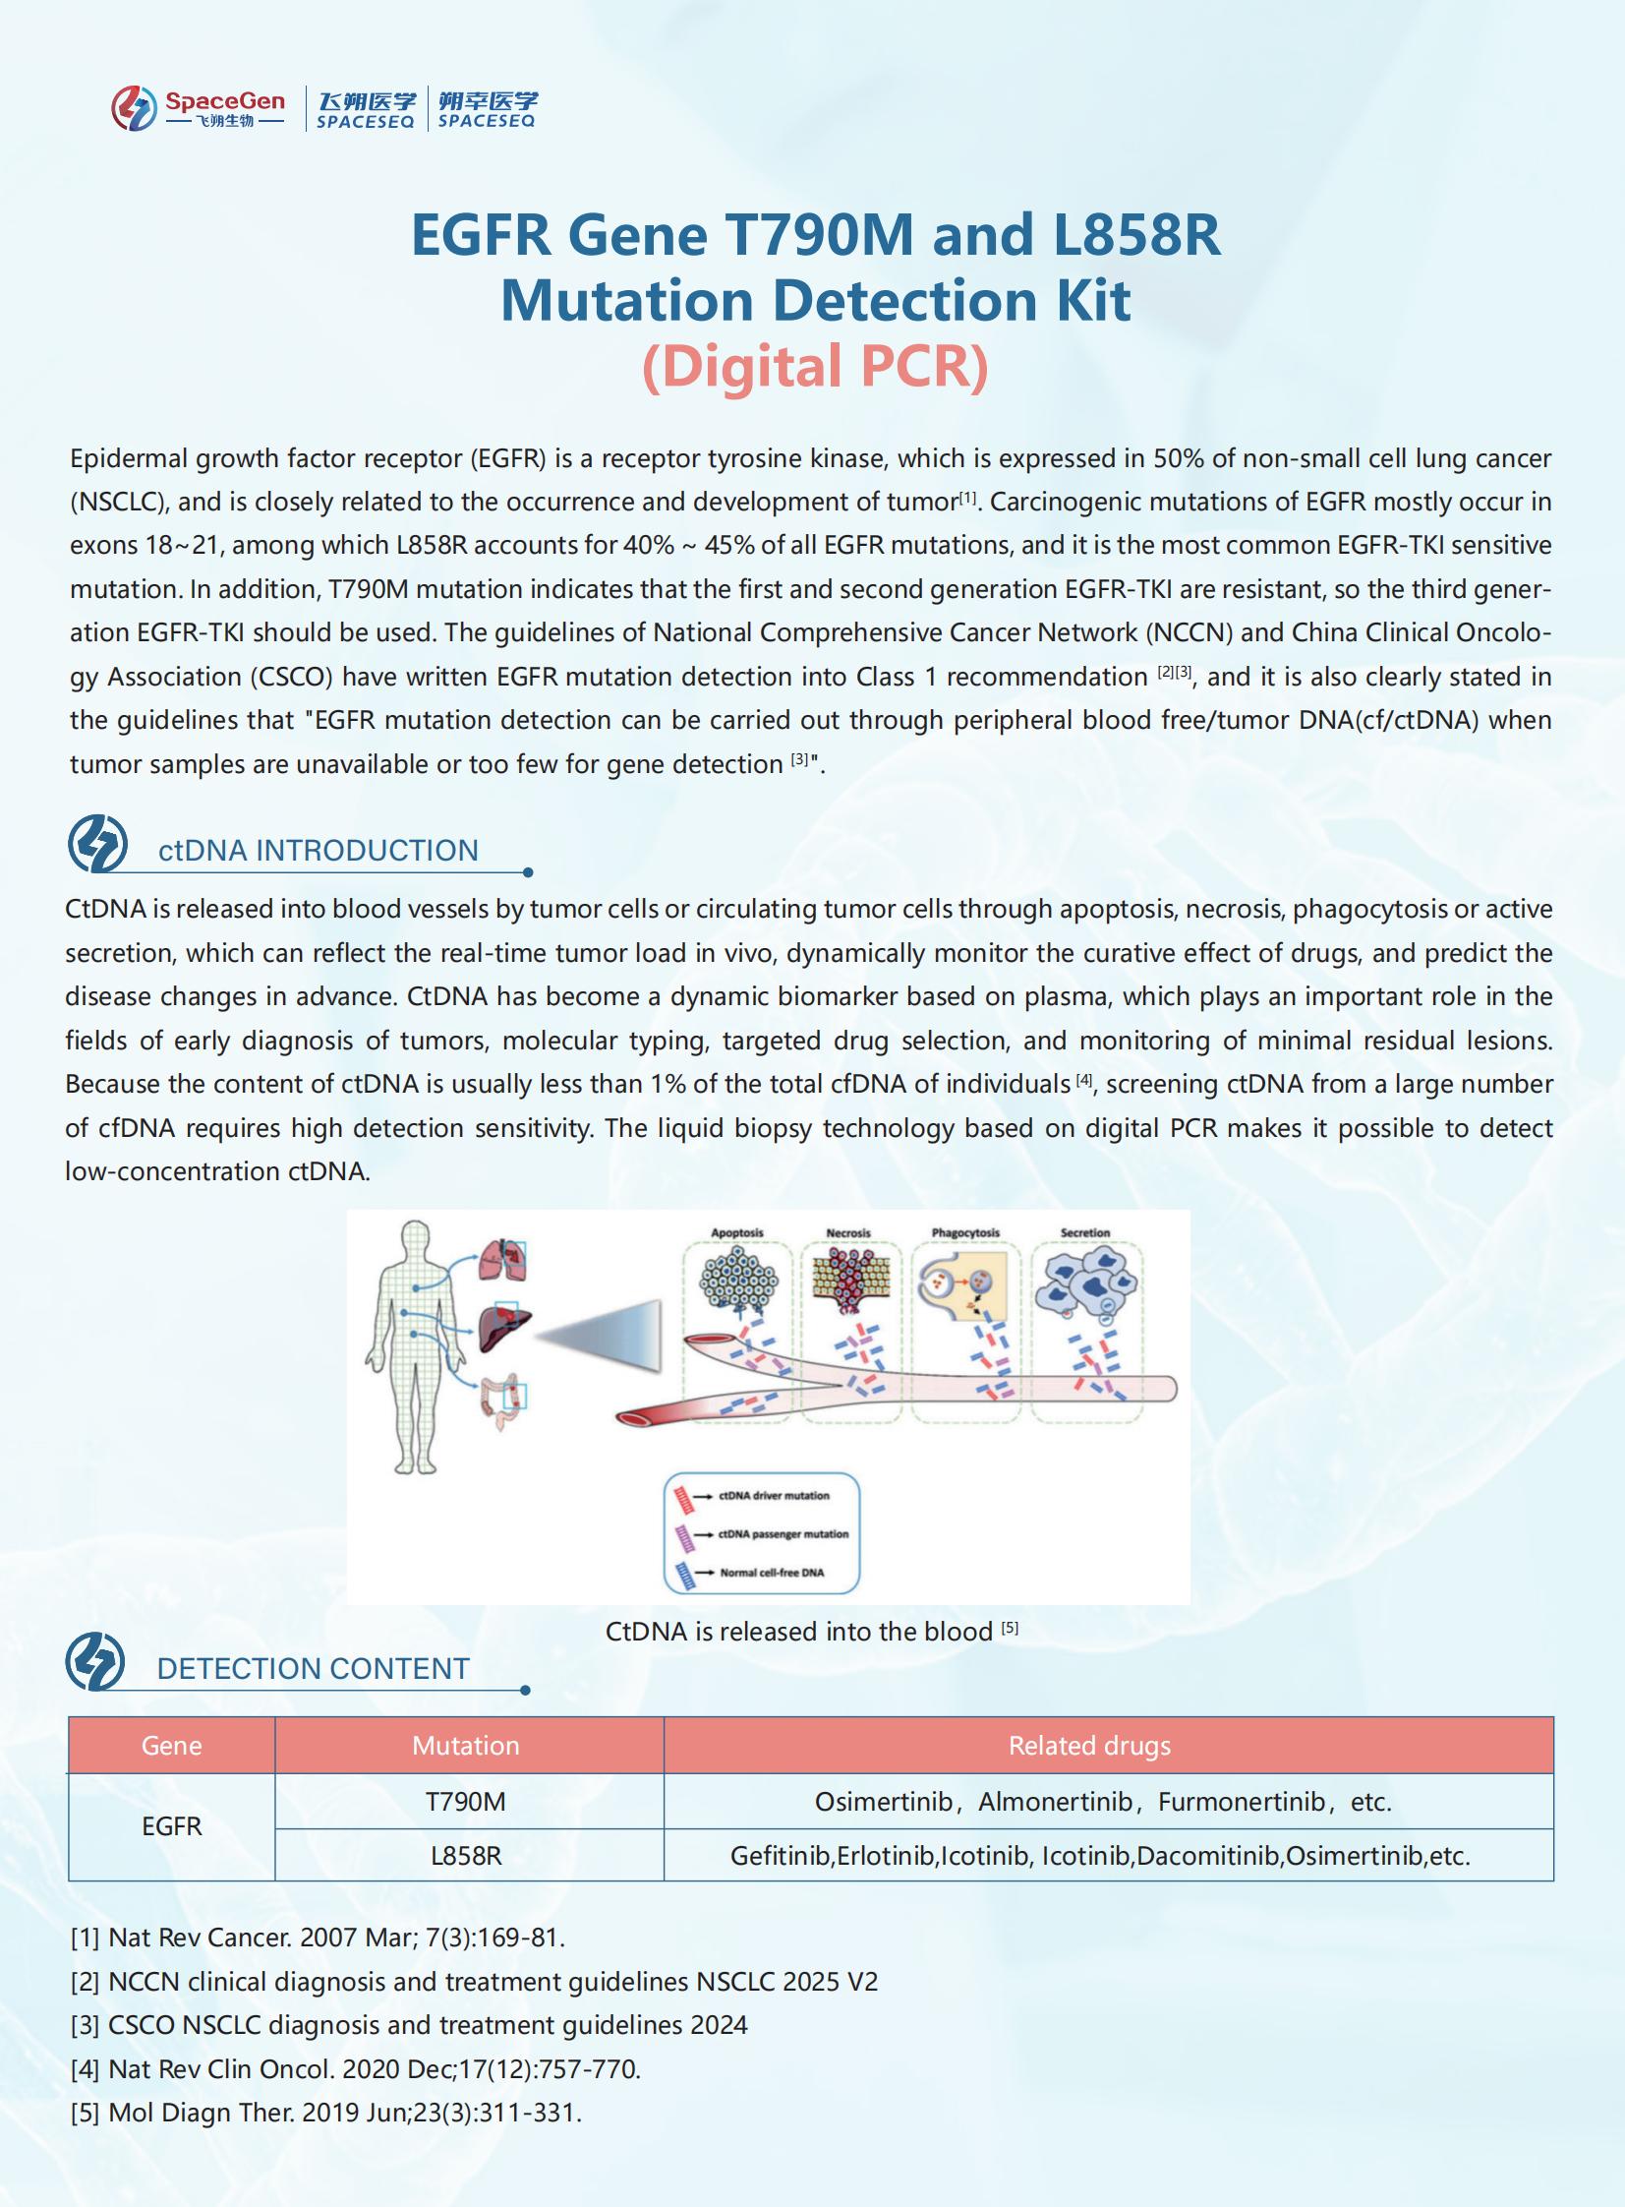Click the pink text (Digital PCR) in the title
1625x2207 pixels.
815,366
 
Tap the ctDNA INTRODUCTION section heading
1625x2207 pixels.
318,850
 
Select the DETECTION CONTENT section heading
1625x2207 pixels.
313,1669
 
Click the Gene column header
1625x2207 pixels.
171,1746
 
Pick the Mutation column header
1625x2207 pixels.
465,1746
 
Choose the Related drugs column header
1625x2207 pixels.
1089,1746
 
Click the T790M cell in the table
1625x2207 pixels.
465,1802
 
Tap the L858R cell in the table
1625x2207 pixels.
465,1856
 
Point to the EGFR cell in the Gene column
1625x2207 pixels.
171,1827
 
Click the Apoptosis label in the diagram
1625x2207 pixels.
736,1233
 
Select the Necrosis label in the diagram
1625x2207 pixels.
848,1233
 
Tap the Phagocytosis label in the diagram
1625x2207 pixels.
965,1233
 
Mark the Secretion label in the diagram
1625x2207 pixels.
1085,1233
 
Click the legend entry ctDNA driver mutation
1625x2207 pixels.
773,1496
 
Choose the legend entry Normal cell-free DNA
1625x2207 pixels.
771,1573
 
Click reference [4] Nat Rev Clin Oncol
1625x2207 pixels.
355,2068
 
